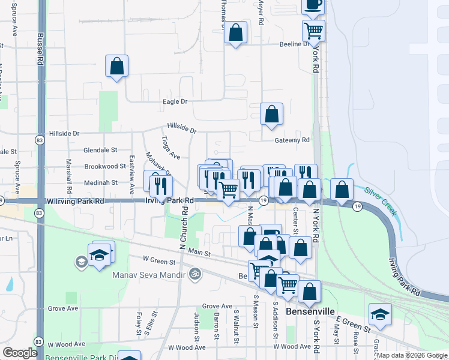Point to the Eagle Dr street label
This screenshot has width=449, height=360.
point(175,102)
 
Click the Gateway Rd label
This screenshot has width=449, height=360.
point(292,140)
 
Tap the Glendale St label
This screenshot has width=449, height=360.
point(100,150)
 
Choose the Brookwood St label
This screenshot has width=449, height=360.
point(101,166)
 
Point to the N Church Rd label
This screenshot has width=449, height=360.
point(182,228)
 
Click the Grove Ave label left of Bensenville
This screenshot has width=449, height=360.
point(217,306)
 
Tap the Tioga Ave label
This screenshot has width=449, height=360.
point(170,148)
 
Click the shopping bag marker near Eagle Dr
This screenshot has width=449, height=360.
point(116,67)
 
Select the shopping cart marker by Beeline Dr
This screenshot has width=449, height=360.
point(313,30)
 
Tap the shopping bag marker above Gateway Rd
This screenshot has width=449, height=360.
point(271,114)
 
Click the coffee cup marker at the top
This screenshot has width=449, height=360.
point(313,5)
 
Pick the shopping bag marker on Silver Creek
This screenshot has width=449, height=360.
point(342,190)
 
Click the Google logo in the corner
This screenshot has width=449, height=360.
point(20,352)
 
